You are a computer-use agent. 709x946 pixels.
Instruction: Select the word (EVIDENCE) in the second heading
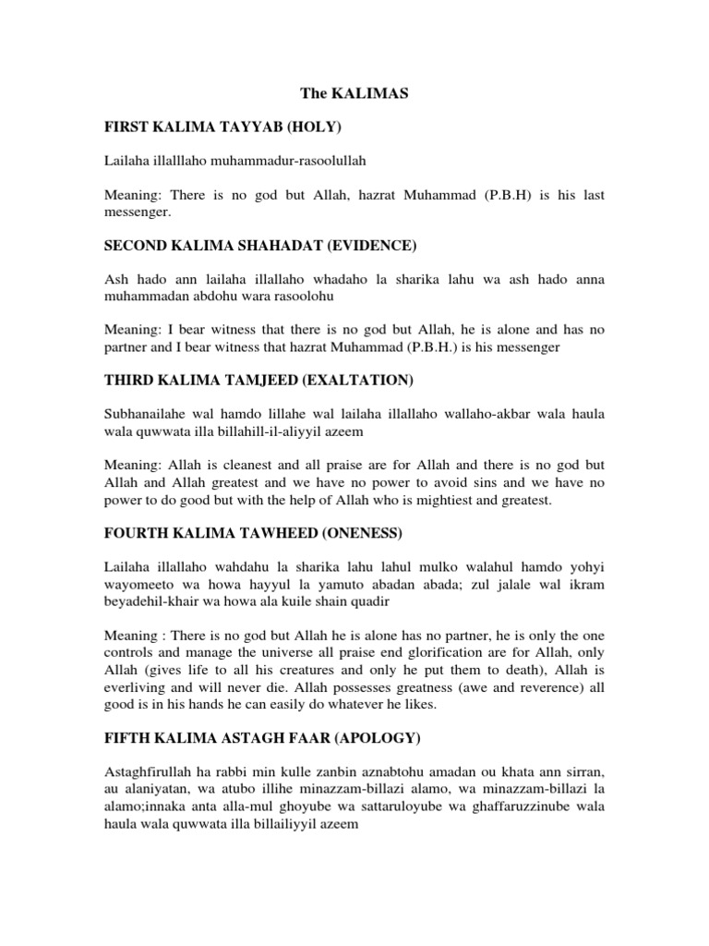(x=361, y=245)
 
